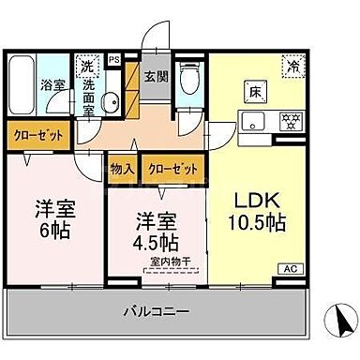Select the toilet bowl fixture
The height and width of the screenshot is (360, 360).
click(x=189, y=81)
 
